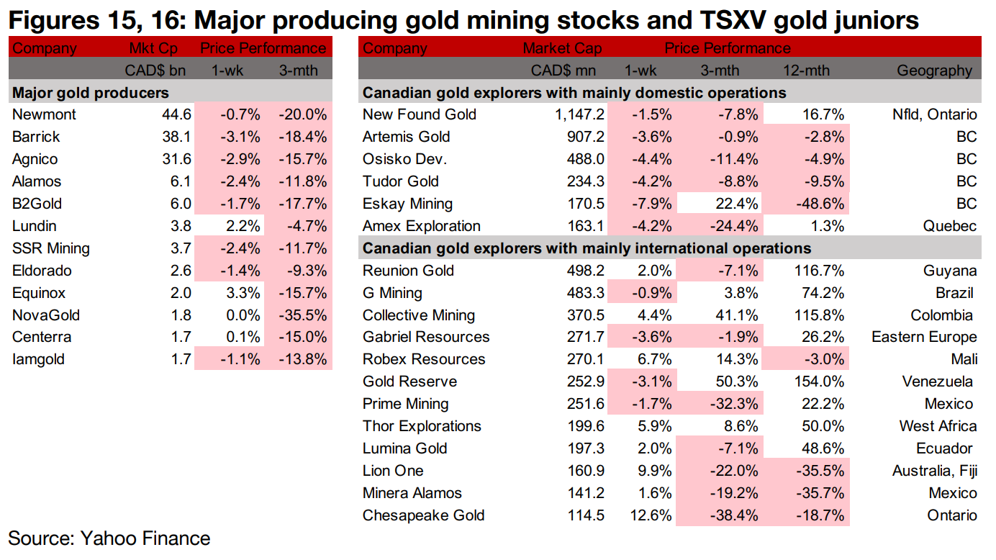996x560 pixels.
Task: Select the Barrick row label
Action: click(x=36, y=137)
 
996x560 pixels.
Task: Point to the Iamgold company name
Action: click(x=38, y=359)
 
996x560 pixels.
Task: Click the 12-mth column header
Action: click(x=806, y=71)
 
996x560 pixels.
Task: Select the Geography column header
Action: click(x=934, y=71)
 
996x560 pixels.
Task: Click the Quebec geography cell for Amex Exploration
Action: click(x=951, y=226)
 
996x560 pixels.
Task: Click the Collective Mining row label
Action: click(x=419, y=315)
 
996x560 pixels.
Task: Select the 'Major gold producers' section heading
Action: click(x=91, y=93)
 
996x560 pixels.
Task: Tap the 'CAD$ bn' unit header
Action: click(x=156, y=71)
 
